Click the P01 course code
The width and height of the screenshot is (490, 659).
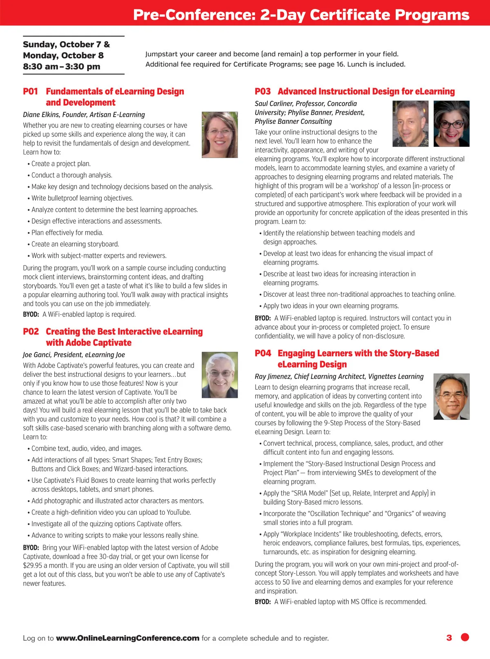30,91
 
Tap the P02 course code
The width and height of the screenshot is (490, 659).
31,331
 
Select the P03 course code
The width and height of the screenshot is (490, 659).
263,91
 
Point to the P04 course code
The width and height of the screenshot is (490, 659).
263,353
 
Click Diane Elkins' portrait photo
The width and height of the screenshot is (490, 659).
220,135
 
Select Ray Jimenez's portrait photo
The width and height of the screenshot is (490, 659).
451,396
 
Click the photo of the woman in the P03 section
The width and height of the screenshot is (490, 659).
451,123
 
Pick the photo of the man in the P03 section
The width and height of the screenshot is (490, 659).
410,123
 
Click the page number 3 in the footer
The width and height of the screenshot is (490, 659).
449,637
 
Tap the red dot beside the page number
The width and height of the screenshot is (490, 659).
465,637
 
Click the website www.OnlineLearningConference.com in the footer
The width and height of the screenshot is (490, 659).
127,638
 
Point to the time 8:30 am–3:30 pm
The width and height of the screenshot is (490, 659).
62,67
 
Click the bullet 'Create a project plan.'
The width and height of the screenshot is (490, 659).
61,164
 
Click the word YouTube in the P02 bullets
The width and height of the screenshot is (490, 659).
178,512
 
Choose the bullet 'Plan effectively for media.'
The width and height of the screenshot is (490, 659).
67,232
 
